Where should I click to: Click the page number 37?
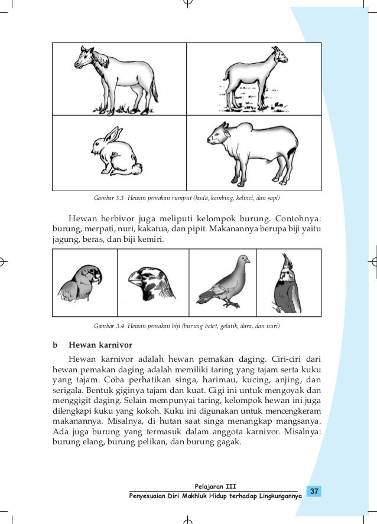(314, 490)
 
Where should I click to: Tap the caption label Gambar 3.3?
(107, 196)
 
